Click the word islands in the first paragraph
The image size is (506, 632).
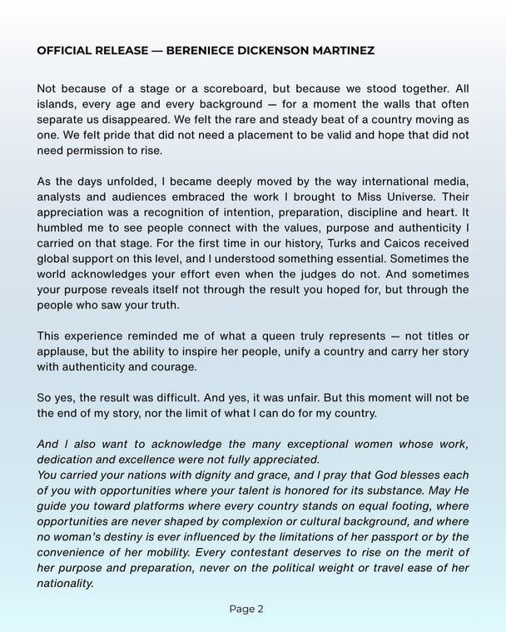(x=57, y=103)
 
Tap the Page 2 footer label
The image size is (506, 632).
(x=246, y=609)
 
